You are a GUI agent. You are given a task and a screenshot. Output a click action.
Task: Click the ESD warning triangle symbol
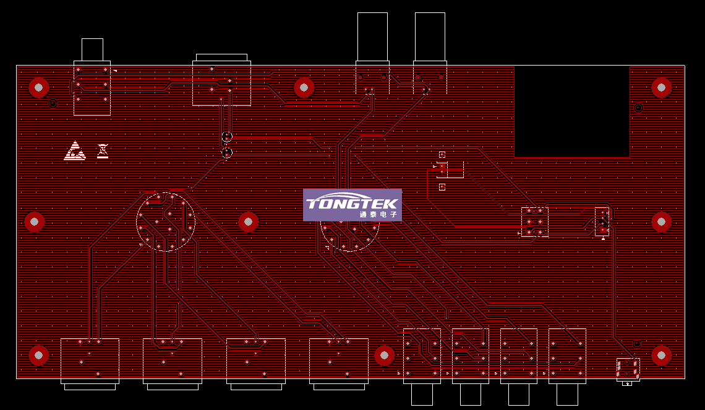pos(75,151)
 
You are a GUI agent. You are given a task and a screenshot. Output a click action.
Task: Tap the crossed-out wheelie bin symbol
pos(103,150)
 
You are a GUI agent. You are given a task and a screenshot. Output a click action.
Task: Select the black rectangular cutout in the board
pos(571,111)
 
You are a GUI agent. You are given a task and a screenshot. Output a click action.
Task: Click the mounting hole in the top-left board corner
pos(39,88)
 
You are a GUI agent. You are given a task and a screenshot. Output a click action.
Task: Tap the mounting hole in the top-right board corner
pos(661,88)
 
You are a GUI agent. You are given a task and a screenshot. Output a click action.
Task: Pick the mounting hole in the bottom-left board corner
pos(39,356)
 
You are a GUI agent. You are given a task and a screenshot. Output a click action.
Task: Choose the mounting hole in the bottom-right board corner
pos(661,356)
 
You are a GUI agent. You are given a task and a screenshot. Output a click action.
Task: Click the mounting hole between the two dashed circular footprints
pos(249,221)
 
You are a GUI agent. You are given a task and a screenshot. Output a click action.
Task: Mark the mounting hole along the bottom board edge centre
pos(384,356)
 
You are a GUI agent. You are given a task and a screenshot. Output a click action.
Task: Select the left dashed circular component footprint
pos(165,221)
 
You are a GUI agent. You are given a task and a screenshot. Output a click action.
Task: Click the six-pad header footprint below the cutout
pos(534,222)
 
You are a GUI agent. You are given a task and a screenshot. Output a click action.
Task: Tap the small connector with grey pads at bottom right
pos(628,369)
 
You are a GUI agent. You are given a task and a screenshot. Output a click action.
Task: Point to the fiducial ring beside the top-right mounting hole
pos(638,108)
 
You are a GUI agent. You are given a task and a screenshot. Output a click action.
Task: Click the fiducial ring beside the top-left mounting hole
pos(53,103)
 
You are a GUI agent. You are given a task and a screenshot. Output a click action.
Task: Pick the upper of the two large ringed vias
pos(227,137)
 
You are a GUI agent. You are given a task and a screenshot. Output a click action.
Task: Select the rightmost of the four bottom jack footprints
pos(567,356)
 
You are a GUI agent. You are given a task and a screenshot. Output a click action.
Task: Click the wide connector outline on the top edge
pos(221,82)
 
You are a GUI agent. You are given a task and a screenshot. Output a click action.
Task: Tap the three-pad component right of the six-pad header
pos(602,221)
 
